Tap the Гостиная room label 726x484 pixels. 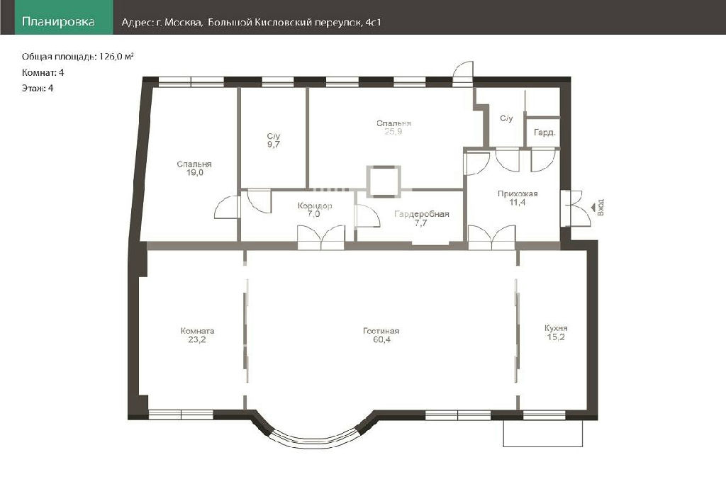point(381,332)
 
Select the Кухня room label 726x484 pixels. point(556,329)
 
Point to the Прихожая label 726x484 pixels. point(518,194)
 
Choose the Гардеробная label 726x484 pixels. point(422,214)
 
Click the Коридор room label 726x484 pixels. point(315,206)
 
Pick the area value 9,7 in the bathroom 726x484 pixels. point(274,145)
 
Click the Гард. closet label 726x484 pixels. point(544,133)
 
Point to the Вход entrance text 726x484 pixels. point(601,208)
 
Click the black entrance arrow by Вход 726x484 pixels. point(593,208)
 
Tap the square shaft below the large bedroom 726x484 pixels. point(384,181)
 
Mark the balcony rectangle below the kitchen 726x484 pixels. point(542,433)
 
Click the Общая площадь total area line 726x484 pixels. point(78,57)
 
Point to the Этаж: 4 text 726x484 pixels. point(38,88)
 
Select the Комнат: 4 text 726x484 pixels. point(43,73)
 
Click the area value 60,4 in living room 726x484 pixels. point(381,339)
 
